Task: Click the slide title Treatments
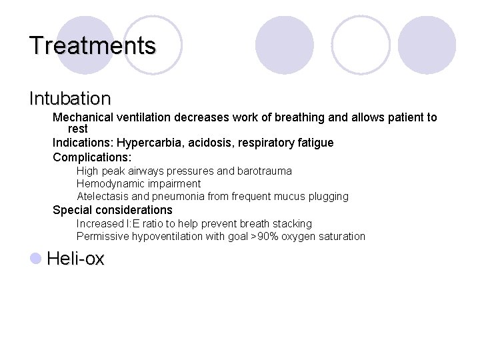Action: coord(92,46)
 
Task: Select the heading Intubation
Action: coord(70,99)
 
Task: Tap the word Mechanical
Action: coord(81,117)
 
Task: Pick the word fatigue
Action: coord(315,143)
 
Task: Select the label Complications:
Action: coord(92,157)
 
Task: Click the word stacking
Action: coord(292,224)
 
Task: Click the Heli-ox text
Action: coord(75,259)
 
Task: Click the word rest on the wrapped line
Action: coord(78,129)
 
